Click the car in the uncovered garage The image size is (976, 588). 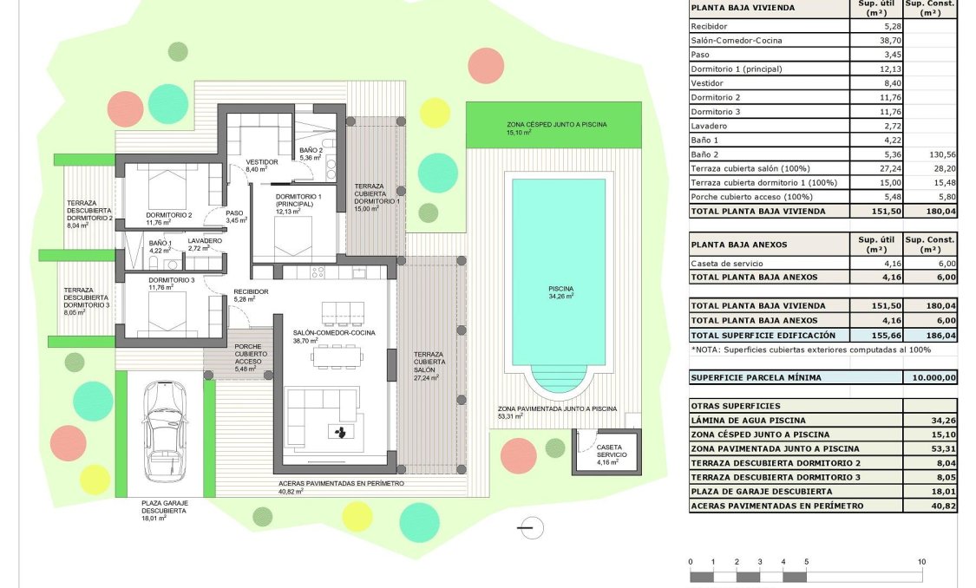tap(166, 431)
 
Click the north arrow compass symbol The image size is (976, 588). tap(528, 527)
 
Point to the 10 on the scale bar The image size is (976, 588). tap(920, 562)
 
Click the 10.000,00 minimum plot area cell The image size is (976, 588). tap(930, 377)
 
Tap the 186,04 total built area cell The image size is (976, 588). tap(930, 335)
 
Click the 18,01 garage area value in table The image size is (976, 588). tap(930, 491)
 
